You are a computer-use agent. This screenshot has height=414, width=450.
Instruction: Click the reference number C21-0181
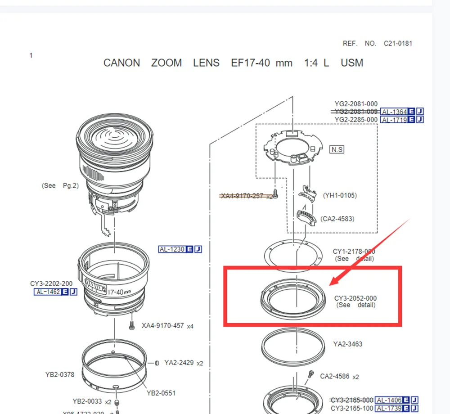(398, 44)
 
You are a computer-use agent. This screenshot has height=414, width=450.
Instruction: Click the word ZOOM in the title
(166, 63)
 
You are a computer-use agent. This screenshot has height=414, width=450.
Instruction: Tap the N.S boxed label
(337, 149)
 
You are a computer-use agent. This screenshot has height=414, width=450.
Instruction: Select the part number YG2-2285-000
(356, 120)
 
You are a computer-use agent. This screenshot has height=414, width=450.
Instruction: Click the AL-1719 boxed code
(394, 120)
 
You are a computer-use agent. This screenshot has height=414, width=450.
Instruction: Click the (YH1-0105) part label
(340, 195)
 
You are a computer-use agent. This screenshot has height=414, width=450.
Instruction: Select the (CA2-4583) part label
(337, 219)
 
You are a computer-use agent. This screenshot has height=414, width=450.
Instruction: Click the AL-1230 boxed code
(172, 249)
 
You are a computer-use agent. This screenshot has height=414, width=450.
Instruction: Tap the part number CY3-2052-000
(355, 298)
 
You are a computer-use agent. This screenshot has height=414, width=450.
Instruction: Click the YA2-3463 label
(347, 344)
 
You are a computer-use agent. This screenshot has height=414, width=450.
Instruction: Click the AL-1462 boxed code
(48, 292)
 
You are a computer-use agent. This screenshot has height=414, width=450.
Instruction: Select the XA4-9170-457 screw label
(163, 325)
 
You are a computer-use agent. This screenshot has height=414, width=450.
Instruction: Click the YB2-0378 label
(60, 374)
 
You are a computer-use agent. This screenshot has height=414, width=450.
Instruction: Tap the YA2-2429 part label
(179, 363)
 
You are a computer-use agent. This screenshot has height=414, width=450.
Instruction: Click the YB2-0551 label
(161, 393)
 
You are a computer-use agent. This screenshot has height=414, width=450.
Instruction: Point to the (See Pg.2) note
(60, 185)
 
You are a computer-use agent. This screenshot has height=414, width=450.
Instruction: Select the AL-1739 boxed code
(393, 408)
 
